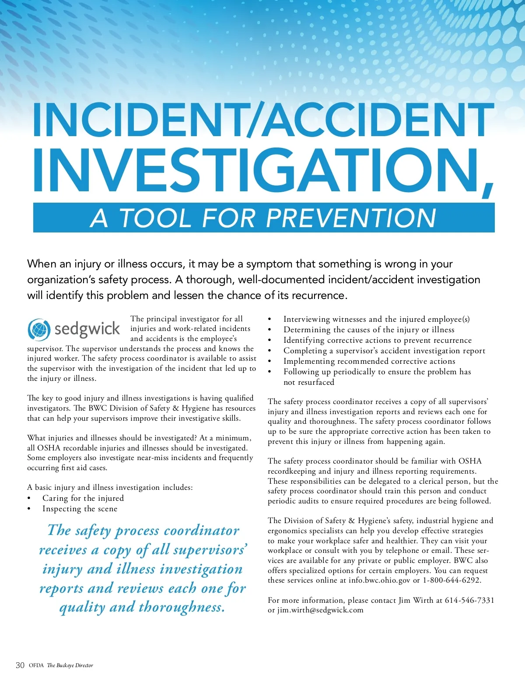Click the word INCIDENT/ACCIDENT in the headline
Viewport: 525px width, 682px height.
(x=262, y=120)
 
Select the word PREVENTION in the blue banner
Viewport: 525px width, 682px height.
(x=351, y=218)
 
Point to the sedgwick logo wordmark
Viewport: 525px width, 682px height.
(x=87, y=329)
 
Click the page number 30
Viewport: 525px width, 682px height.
(x=20, y=665)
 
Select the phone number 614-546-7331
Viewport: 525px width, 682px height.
(x=469, y=600)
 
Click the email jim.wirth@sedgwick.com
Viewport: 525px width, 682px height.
(x=320, y=610)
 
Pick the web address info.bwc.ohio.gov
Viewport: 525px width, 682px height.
(x=379, y=580)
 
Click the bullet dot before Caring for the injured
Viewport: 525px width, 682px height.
(x=29, y=499)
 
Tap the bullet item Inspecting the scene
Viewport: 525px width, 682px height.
(x=80, y=509)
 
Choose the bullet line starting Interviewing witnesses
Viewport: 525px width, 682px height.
(x=376, y=319)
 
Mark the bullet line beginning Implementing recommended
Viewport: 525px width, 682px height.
(x=369, y=361)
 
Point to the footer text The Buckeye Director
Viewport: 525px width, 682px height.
(x=70, y=665)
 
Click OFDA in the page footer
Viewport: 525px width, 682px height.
(x=36, y=665)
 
